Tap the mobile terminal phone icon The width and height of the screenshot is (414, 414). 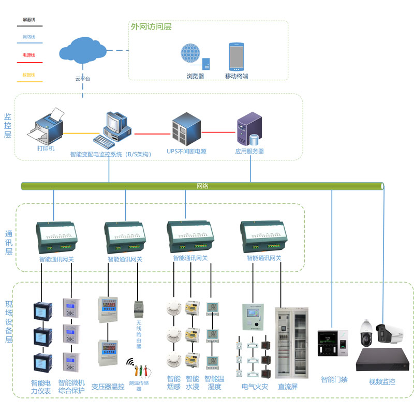click(x=236, y=56)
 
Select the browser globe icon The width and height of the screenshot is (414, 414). click(x=194, y=56)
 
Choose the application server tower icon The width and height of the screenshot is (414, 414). click(x=249, y=129)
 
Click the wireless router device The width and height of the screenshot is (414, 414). click(x=138, y=309)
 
